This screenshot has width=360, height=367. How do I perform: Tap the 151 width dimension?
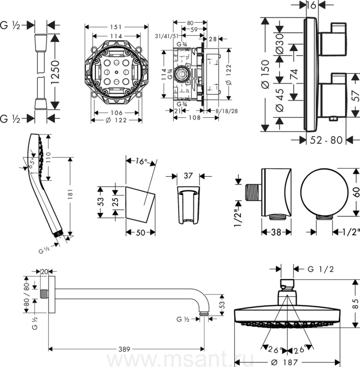click(x=116, y=27)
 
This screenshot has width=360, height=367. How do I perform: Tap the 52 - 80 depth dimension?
click(x=326, y=140)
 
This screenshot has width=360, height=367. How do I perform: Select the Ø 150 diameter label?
click(x=265, y=74)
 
